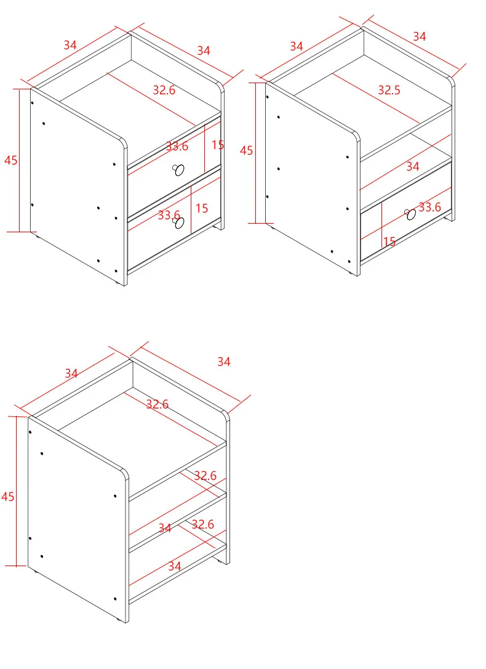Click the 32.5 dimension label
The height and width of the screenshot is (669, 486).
[x=389, y=90]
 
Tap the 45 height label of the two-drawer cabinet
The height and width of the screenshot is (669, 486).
[x=11, y=160]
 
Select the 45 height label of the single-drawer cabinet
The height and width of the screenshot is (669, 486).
[x=246, y=150]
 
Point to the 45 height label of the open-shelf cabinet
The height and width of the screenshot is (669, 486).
[x=7, y=496]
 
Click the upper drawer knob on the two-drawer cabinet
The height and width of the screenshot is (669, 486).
[x=179, y=170]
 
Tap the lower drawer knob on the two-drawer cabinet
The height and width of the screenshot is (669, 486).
[x=179, y=222]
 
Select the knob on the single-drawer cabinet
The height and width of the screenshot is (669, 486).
[x=410, y=214]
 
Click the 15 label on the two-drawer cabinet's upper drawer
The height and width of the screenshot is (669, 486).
[x=218, y=145]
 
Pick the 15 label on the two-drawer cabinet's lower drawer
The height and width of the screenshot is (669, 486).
[x=201, y=208]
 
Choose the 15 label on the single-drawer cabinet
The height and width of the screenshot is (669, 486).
[x=389, y=242]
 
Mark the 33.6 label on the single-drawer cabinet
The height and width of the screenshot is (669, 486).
[x=429, y=208]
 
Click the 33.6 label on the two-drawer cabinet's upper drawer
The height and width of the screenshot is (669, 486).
[x=177, y=147]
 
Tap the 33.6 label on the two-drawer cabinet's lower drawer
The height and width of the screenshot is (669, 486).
[x=169, y=214]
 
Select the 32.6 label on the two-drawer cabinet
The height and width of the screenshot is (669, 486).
[x=164, y=90]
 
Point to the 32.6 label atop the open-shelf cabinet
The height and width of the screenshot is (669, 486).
[x=157, y=403]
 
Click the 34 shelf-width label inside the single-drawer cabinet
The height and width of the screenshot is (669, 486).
[x=412, y=166]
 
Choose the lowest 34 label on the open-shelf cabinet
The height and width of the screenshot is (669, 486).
[x=175, y=566]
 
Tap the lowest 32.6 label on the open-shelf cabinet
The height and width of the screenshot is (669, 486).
[x=202, y=524]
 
